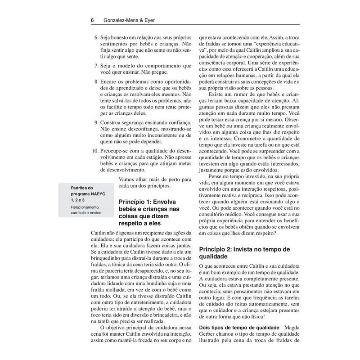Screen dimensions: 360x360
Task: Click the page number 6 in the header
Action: click(92, 20)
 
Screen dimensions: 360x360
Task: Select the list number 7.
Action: click(96, 66)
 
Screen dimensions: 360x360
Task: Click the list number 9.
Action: click(96, 122)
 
